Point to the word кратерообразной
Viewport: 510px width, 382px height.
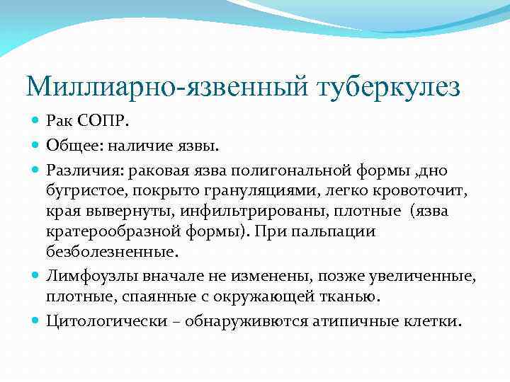click(x=106, y=231)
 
